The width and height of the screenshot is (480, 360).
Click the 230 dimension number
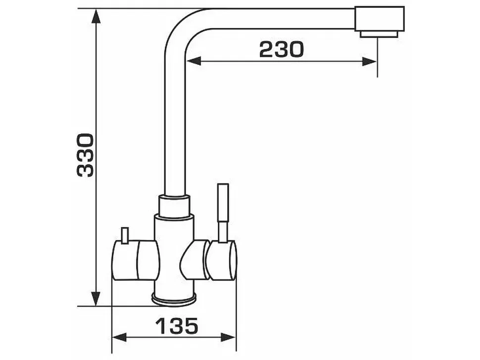[282, 49]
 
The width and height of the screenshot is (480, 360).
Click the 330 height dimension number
[85, 155]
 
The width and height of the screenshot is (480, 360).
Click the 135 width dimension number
[177, 326]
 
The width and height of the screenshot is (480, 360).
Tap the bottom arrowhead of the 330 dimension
[96, 299]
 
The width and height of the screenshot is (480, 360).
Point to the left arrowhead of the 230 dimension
[193, 61]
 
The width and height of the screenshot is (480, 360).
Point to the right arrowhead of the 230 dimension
[369, 61]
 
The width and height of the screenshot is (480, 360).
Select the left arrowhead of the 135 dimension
[119, 338]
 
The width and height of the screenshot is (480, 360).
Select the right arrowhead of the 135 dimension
[228, 338]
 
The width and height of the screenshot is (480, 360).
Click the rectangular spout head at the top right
[380, 19]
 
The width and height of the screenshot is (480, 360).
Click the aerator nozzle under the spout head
[379, 34]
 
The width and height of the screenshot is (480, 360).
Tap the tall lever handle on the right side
[223, 213]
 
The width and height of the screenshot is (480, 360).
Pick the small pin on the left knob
[125, 235]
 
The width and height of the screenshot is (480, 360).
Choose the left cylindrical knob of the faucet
[136, 260]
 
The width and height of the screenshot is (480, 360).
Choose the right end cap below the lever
[221, 260]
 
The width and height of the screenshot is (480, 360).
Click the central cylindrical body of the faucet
[174, 254]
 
